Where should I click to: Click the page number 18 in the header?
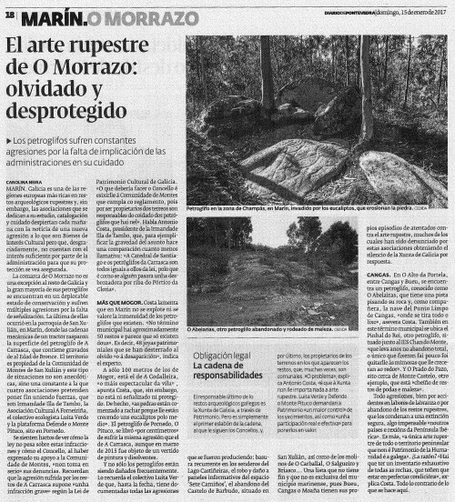10,15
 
